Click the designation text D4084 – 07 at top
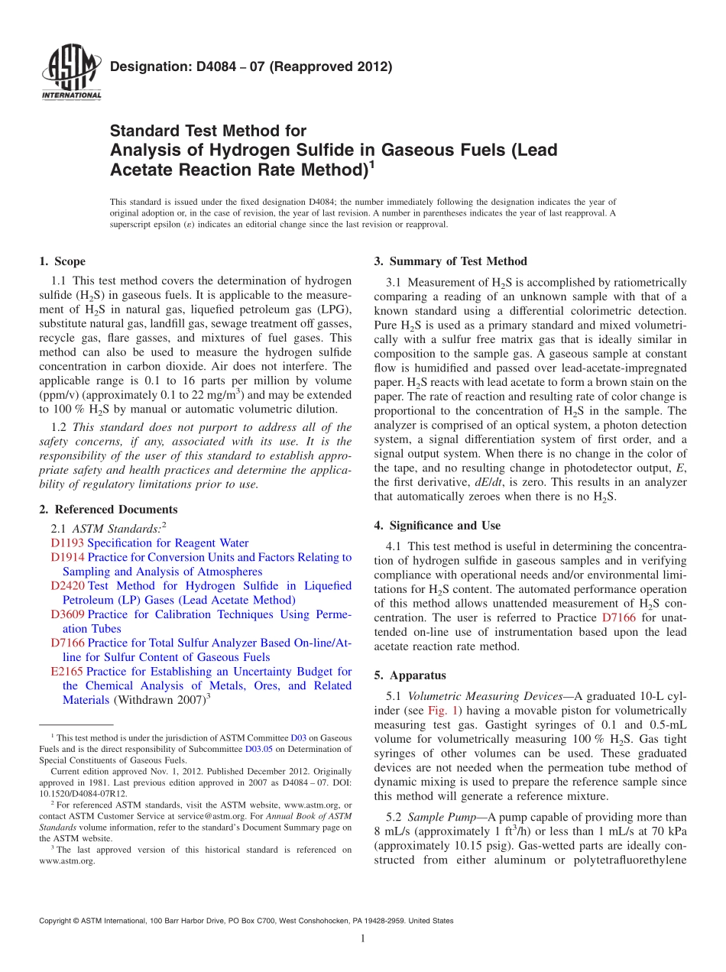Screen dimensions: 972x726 pyautogui.click(x=251, y=66)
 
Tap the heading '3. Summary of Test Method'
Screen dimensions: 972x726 pyautogui.click(x=450, y=261)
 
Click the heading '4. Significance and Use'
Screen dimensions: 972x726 pyautogui.click(x=437, y=526)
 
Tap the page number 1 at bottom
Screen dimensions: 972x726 pyautogui.click(x=363, y=939)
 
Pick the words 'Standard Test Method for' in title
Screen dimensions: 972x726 pyautogui.click(x=208, y=131)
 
